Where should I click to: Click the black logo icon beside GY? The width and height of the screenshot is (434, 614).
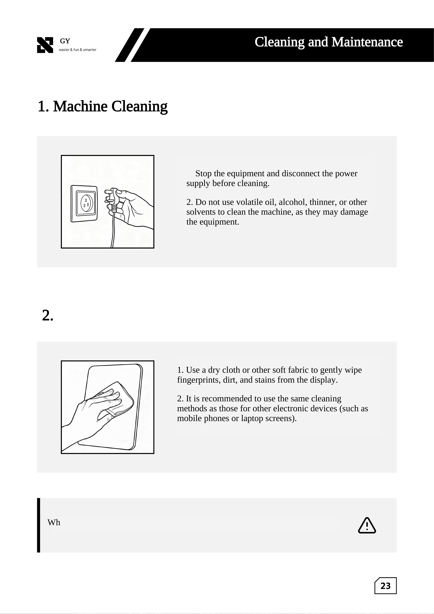[45, 45]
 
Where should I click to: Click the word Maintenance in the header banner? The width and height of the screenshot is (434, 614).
[367, 42]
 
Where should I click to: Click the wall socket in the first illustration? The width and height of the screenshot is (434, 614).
[84, 204]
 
